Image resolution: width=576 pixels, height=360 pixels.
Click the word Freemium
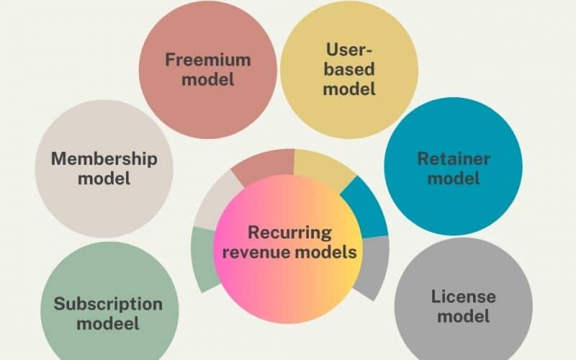(207, 58)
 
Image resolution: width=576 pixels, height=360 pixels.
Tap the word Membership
(104, 158)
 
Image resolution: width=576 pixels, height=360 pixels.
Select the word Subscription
(108, 303)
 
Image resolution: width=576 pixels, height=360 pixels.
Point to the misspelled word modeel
(108, 323)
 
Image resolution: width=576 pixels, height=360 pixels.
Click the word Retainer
(454, 158)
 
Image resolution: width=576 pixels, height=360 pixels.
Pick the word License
(464, 296)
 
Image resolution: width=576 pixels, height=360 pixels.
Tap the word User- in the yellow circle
(348, 50)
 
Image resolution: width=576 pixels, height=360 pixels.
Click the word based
(349, 70)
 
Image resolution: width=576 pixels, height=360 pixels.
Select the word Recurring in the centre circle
(289, 233)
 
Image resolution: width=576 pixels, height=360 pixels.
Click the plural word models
(330, 253)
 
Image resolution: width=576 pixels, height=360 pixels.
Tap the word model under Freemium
(207, 78)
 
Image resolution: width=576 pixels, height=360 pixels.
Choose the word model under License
(464, 315)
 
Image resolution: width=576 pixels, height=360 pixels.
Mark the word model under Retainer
(454, 178)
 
